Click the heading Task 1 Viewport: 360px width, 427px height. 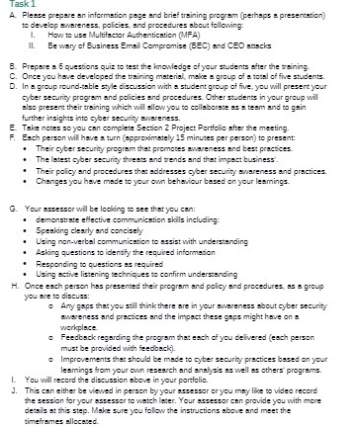coord(17,6)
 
